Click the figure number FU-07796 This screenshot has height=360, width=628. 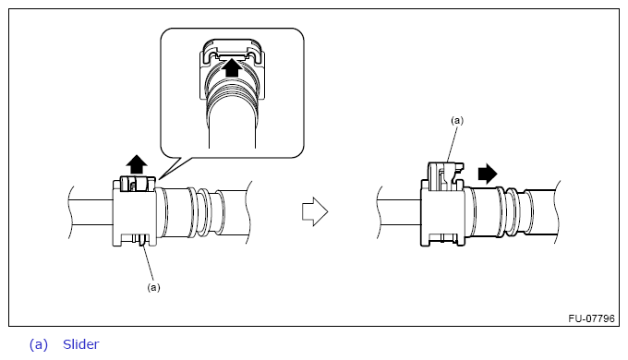click(x=591, y=318)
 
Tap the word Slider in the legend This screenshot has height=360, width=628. click(x=81, y=344)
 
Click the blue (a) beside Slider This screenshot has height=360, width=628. click(x=39, y=345)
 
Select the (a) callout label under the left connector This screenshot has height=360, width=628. click(x=154, y=287)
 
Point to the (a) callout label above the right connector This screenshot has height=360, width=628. click(x=457, y=121)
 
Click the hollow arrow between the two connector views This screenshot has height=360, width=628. click(x=315, y=211)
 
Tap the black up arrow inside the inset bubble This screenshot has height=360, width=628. click(x=232, y=67)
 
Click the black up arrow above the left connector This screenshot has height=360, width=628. click(x=137, y=164)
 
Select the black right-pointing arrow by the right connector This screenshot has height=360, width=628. click(x=488, y=174)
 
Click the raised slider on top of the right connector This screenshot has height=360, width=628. click(x=445, y=176)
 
